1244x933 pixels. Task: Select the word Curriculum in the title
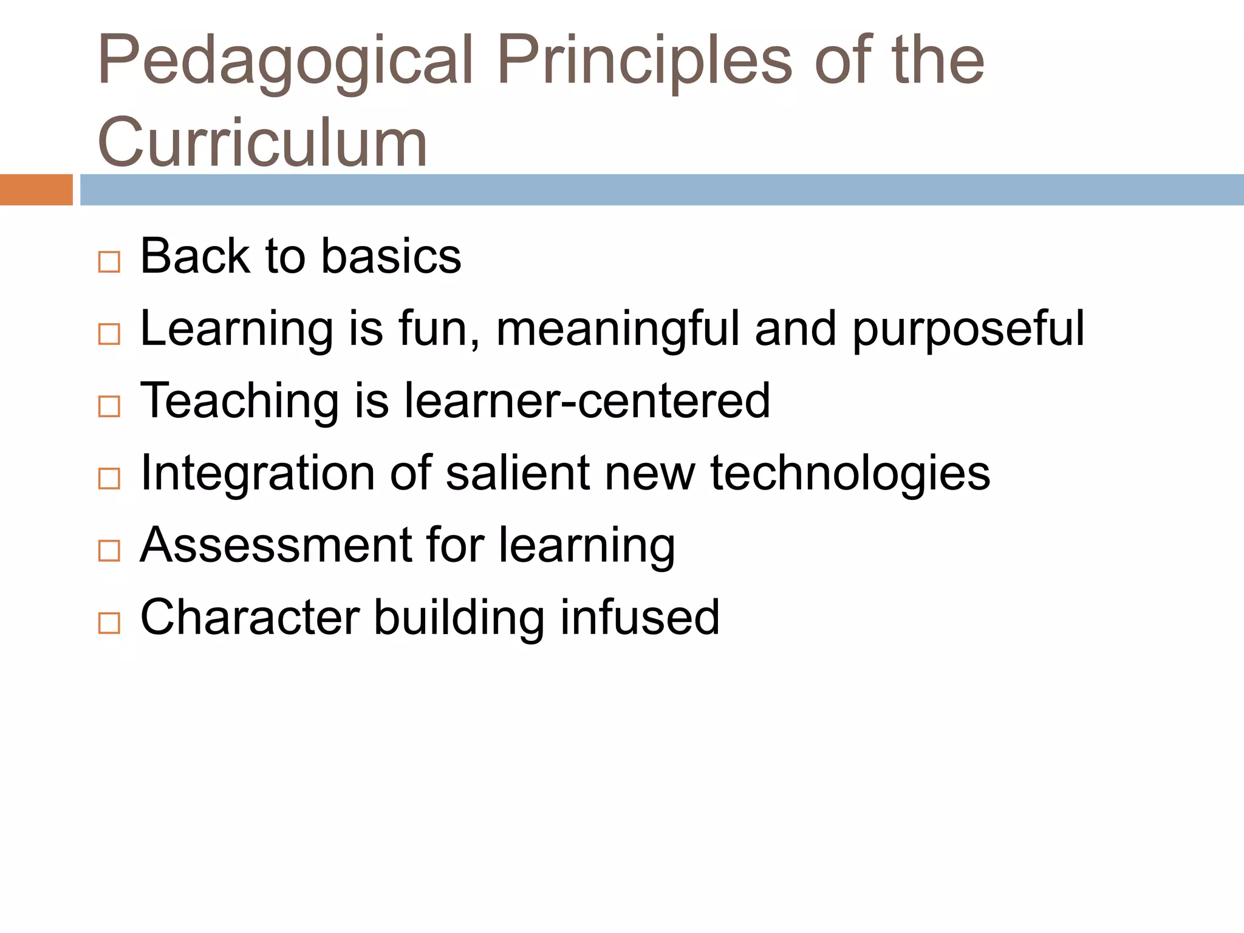point(262,142)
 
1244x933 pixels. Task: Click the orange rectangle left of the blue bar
point(36,190)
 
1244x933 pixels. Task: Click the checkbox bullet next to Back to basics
point(109,262)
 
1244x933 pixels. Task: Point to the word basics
point(391,256)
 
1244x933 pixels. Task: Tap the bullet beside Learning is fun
point(109,334)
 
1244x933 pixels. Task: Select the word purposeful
point(968,329)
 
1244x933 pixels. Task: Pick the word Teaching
point(239,401)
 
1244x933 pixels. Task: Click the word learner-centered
point(587,401)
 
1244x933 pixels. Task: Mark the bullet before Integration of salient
point(109,479)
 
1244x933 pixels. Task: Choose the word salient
point(518,473)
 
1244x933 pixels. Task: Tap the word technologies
point(850,473)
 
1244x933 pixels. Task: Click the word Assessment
point(276,545)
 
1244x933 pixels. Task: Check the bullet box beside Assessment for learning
point(109,551)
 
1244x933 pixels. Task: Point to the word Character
point(250,617)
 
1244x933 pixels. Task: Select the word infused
point(640,617)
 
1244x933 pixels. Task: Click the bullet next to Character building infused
point(109,623)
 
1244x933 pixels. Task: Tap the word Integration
point(258,473)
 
